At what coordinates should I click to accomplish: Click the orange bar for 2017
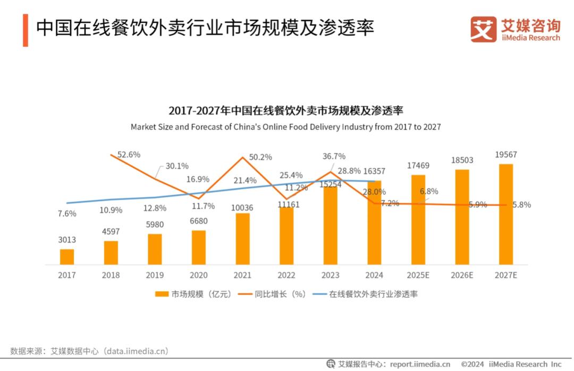pyautogui.click(x=67, y=257)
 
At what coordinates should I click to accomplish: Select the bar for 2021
pyautogui.click(x=243, y=239)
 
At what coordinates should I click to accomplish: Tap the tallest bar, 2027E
pyautogui.click(x=506, y=214)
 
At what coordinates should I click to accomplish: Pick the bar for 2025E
pyautogui.click(x=418, y=220)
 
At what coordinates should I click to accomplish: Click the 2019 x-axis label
pyautogui.click(x=155, y=275)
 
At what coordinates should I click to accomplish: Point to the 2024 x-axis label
pyautogui.click(x=374, y=275)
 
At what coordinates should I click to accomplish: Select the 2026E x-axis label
pyautogui.click(x=462, y=275)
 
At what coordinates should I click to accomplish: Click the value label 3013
pyautogui.click(x=67, y=240)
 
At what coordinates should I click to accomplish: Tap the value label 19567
pyautogui.click(x=505, y=155)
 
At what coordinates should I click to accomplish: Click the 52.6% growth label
pyautogui.click(x=129, y=154)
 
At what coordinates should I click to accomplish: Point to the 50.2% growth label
pyautogui.click(x=260, y=157)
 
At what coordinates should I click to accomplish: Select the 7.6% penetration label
pyautogui.click(x=67, y=214)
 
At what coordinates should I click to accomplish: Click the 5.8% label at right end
pyautogui.click(x=521, y=205)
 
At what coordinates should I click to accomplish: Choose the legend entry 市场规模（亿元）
pyautogui.click(x=193, y=294)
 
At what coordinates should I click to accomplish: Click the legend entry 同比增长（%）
pyautogui.click(x=273, y=294)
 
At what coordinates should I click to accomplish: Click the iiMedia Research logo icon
pyautogui.click(x=483, y=29)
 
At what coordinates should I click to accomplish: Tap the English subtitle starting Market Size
pyautogui.click(x=286, y=127)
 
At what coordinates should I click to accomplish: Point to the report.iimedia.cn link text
pyautogui.click(x=420, y=364)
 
